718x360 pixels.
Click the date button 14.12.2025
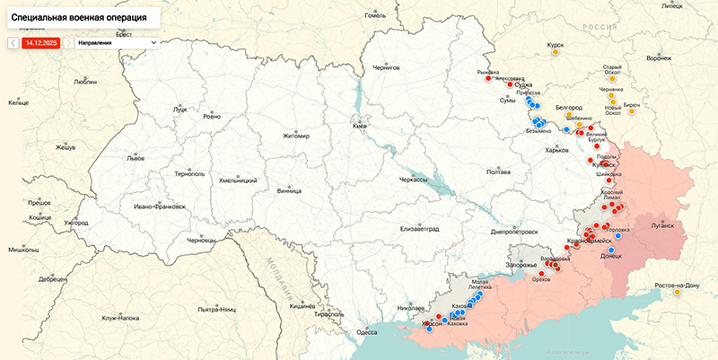(41, 42)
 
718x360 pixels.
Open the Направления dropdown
(117, 42)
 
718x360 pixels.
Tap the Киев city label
(360, 127)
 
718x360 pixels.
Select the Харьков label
(556, 150)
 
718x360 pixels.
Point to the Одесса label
(367, 331)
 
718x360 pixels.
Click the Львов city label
(135, 157)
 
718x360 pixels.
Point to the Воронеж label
(658, 58)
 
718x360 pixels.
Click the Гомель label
(375, 15)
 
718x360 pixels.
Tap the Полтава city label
(497, 171)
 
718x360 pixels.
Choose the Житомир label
(294, 136)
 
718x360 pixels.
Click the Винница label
(289, 190)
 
